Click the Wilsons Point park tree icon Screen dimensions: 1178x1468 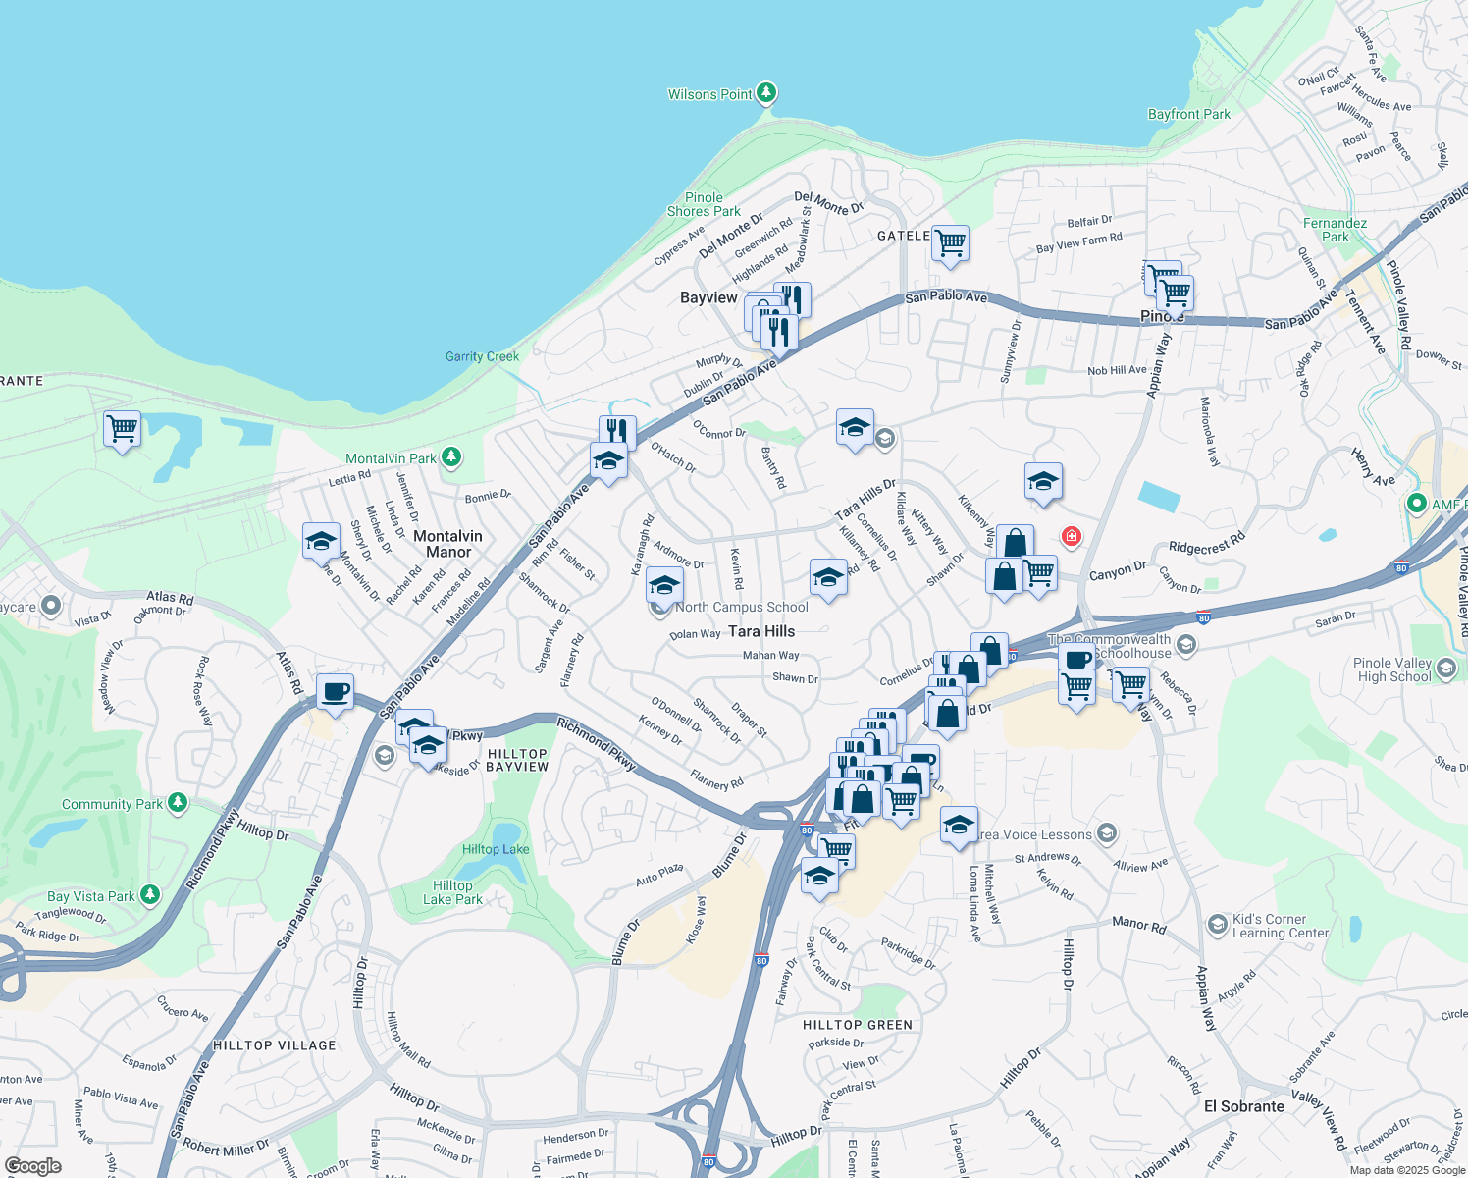point(766,93)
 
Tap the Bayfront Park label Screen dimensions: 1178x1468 point(1188,114)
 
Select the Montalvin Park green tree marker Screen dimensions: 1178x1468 point(450,456)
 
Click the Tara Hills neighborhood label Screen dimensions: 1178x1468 point(761,631)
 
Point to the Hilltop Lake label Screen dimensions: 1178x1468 point(496,849)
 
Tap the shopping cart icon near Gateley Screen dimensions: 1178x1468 point(950,242)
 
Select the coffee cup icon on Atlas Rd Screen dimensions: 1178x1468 point(335,691)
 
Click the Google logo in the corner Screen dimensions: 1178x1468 point(32,1165)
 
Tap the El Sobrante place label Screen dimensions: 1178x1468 point(1243,1106)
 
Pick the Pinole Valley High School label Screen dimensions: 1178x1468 point(1392,669)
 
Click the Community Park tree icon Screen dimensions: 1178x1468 point(177,803)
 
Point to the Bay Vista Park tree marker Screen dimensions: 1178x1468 point(149,894)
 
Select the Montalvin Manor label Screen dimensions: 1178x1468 point(447,544)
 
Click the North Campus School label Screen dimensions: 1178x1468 point(741,607)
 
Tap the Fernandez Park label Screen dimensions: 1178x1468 point(1335,230)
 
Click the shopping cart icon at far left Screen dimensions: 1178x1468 point(122,428)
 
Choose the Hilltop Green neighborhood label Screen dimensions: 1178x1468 point(857,1025)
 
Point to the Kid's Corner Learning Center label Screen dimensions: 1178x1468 point(1280,926)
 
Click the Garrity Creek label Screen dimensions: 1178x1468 point(482,356)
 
